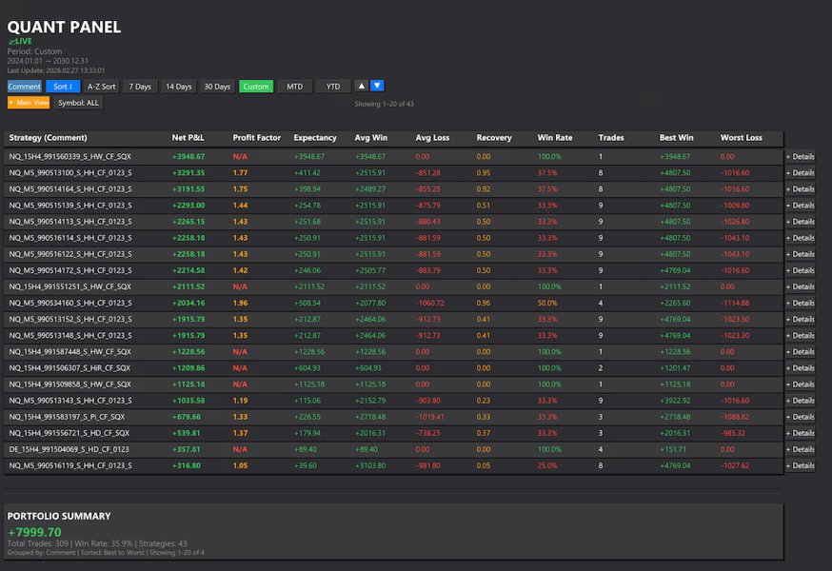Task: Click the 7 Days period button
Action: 140,87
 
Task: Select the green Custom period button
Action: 255,87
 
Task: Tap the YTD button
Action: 332,87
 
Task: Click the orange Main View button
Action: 29,103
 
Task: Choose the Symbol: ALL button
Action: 78,103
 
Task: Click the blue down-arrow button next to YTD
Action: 377,86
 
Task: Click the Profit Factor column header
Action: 256,138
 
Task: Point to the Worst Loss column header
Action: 741,138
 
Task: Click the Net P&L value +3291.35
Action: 188,173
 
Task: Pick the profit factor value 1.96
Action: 240,303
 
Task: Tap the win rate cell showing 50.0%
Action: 547,303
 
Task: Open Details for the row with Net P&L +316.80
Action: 800,465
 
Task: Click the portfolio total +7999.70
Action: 34,532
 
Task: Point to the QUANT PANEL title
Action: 64,27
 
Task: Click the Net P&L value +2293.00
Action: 188,206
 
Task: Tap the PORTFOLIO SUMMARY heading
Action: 59,516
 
